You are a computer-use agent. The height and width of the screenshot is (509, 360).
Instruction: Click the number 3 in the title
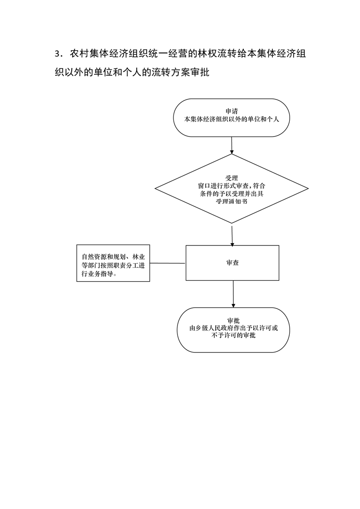tap(57, 54)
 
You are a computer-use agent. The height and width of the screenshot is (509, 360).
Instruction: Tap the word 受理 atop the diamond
tap(232, 178)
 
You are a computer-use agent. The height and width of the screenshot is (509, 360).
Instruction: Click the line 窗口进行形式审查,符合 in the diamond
tap(232, 186)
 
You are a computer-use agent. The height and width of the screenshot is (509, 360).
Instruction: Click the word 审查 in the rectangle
tap(232, 263)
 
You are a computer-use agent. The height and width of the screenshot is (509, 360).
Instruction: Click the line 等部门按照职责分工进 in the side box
tap(113, 265)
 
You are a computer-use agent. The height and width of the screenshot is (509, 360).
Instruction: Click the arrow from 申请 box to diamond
tap(232, 145)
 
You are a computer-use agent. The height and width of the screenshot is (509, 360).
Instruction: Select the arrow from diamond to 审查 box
tap(232, 235)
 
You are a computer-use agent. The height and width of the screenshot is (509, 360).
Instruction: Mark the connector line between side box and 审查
tap(168, 263)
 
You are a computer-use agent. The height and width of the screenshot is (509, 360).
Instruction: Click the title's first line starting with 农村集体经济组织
tap(188, 54)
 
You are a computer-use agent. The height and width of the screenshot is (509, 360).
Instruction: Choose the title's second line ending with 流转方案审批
tap(132, 72)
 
